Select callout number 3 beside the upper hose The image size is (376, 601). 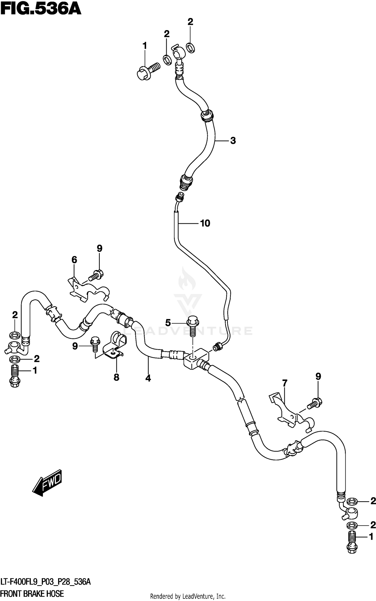click(233, 141)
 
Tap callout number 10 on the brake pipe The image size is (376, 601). click(205, 223)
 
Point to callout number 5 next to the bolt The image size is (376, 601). click(168, 322)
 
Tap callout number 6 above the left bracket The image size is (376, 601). click(74, 260)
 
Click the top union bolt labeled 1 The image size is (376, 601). click(148, 71)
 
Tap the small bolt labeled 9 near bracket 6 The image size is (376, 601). click(96, 275)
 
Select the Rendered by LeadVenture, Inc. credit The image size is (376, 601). click(188, 596)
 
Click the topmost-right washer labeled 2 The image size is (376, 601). click(191, 48)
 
